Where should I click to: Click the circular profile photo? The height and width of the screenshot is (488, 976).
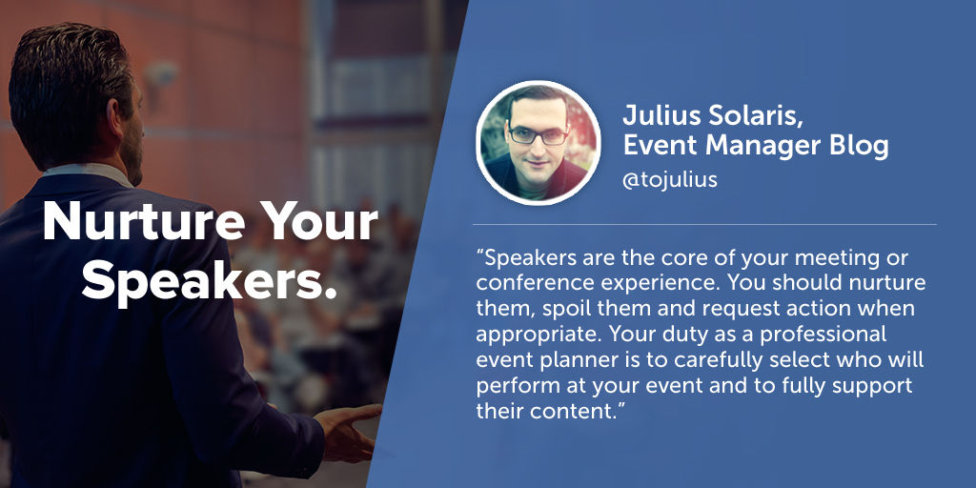click(x=538, y=143)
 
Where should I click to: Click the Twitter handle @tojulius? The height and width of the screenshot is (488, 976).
click(x=670, y=180)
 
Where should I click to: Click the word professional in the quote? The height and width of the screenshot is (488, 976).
click(x=823, y=335)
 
